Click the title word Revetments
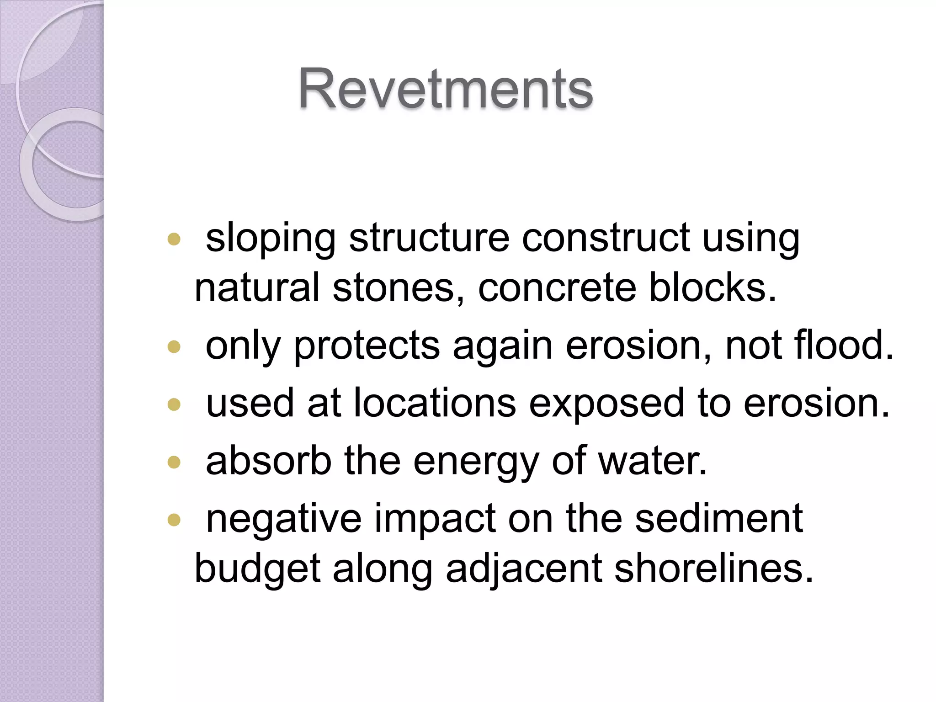click(x=446, y=89)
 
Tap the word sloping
click(x=271, y=238)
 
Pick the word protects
click(x=367, y=346)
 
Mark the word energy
click(x=476, y=462)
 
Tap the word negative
click(x=283, y=519)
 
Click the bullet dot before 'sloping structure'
click(x=174, y=239)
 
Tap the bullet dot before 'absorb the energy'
click(x=174, y=463)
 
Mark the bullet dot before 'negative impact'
click(x=174, y=520)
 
